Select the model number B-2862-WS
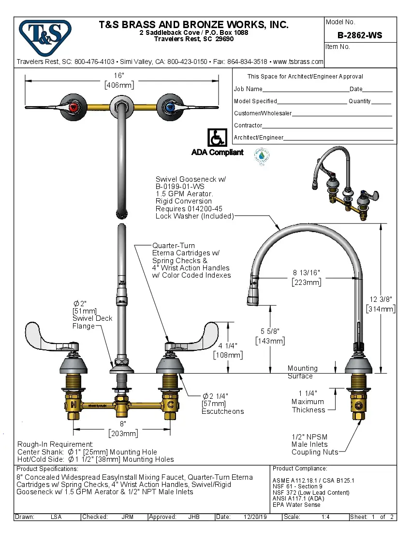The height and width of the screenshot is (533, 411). [360, 35]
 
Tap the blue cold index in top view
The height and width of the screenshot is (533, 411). [168, 107]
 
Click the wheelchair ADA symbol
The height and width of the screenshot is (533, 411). [217, 138]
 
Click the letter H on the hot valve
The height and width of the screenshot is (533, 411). [73, 404]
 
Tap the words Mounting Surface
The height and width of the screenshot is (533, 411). [302, 372]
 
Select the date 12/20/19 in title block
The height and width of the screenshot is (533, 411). [253, 517]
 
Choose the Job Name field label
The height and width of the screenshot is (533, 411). [248, 89]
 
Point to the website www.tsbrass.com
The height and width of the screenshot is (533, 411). [298, 62]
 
